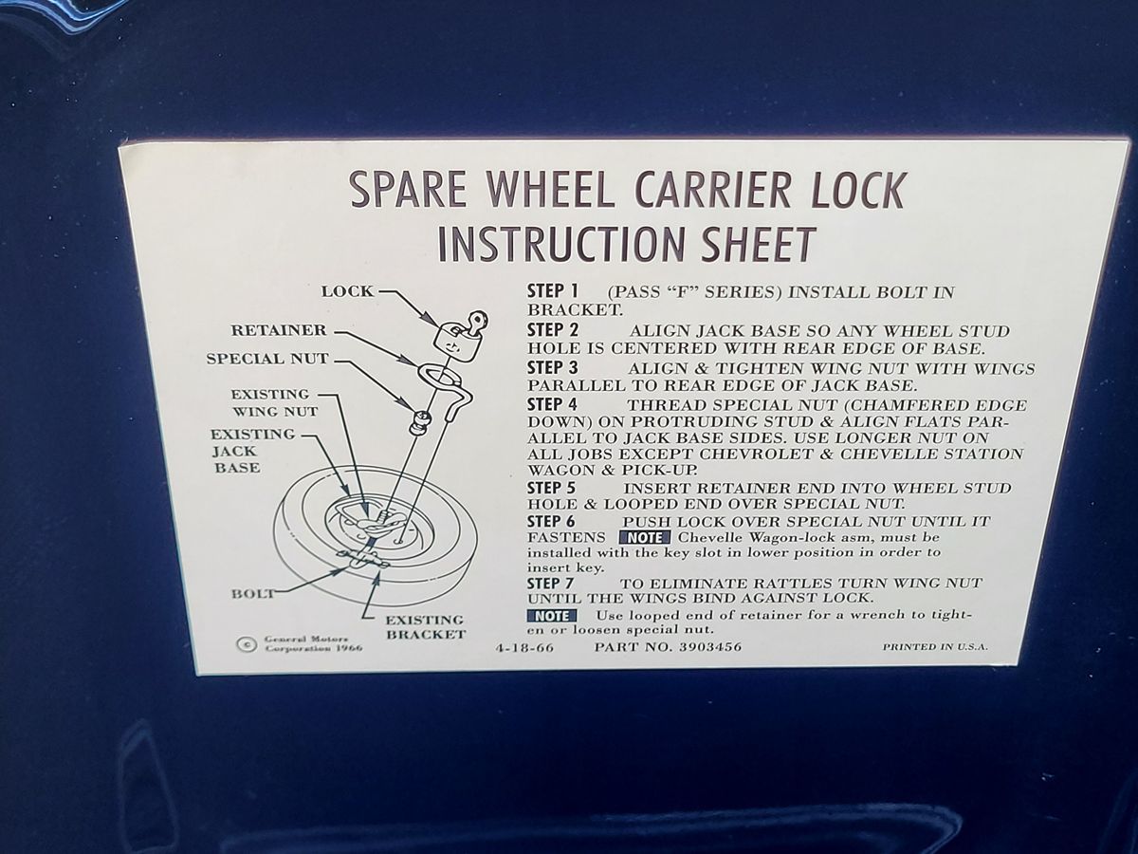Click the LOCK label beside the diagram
[347, 291]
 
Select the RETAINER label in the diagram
[279, 330]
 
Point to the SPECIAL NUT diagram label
[267, 359]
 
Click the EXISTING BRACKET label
[425, 627]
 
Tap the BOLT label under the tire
[252, 594]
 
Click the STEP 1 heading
[553, 291]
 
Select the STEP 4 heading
[552, 404]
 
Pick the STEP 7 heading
[551, 584]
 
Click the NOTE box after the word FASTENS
[645, 537]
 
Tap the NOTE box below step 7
[552, 616]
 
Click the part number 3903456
[710, 646]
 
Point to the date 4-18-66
[524, 648]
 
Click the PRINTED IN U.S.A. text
[935, 646]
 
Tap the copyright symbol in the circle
[247, 644]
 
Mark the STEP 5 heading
[551, 488]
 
